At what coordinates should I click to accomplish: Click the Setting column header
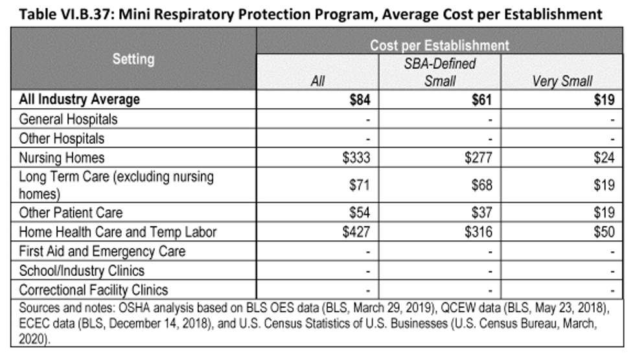pyautogui.click(x=133, y=59)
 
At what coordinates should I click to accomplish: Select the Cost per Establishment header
pyautogui.click(x=439, y=45)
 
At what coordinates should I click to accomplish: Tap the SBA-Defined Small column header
pyautogui.click(x=440, y=73)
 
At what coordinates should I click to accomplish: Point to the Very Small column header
pyautogui.click(x=562, y=82)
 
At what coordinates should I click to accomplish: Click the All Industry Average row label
pyautogui.click(x=79, y=100)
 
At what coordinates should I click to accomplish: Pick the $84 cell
pyautogui.click(x=360, y=100)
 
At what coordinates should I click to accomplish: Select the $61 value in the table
pyautogui.click(x=481, y=100)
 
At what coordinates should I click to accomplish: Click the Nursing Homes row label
pyautogui.click(x=62, y=158)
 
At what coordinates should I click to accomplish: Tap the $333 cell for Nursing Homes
pyautogui.click(x=356, y=158)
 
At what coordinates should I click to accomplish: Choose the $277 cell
pyautogui.click(x=478, y=158)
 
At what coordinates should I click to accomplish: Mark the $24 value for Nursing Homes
pyautogui.click(x=604, y=158)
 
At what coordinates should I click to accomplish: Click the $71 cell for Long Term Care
pyautogui.click(x=360, y=185)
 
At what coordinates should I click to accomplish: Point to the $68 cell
pyautogui.click(x=482, y=185)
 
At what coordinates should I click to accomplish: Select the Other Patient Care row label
pyautogui.click(x=71, y=213)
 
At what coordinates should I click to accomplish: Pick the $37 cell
pyautogui.click(x=482, y=213)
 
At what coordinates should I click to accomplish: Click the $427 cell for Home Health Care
pyautogui.click(x=356, y=232)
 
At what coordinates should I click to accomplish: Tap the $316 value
pyautogui.click(x=478, y=232)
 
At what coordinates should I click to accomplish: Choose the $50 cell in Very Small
pyautogui.click(x=604, y=232)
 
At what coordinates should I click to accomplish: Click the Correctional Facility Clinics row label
pyautogui.click(x=93, y=290)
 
